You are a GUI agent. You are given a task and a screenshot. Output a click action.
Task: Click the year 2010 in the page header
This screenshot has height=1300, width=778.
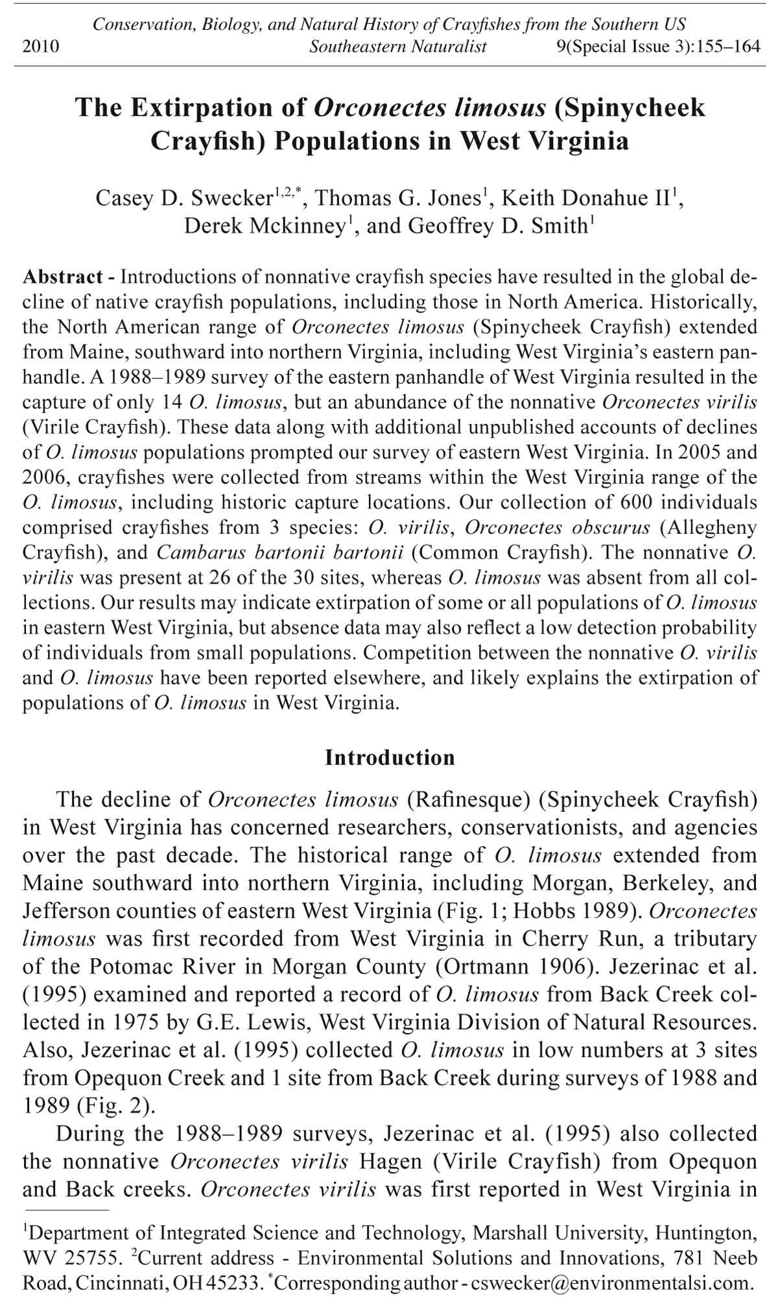pyautogui.click(x=41, y=47)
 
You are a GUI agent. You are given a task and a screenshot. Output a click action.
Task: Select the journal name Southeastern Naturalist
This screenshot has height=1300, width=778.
pyautogui.click(x=397, y=47)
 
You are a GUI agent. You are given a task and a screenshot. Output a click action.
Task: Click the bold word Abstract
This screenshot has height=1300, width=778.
pyautogui.click(x=63, y=277)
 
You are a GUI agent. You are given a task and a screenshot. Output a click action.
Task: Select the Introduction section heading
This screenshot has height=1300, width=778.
pyautogui.click(x=390, y=757)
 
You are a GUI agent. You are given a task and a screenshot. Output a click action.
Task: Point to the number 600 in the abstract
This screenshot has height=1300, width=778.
pyautogui.click(x=641, y=502)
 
